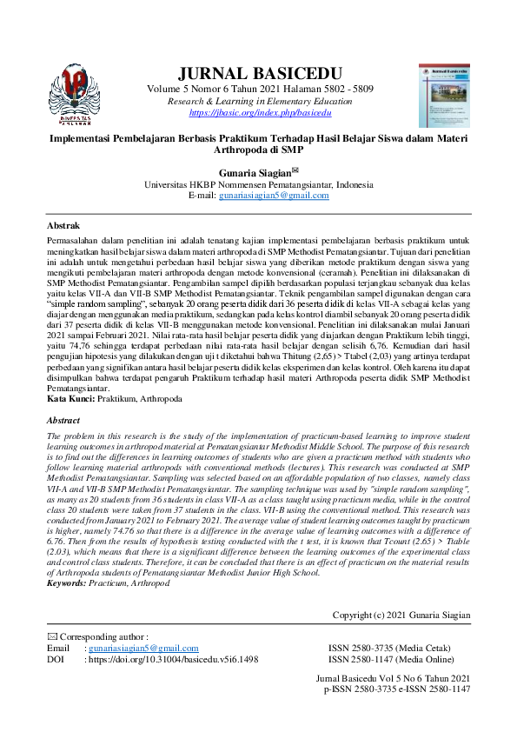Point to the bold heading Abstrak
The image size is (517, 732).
click(x=63, y=223)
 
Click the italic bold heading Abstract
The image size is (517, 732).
click(x=63, y=420)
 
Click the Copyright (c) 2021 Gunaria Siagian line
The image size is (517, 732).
click(x=401, y=616)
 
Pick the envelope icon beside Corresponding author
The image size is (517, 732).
click(x=51, y=637)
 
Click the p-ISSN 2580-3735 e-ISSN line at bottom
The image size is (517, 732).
click(x=396, y=689)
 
